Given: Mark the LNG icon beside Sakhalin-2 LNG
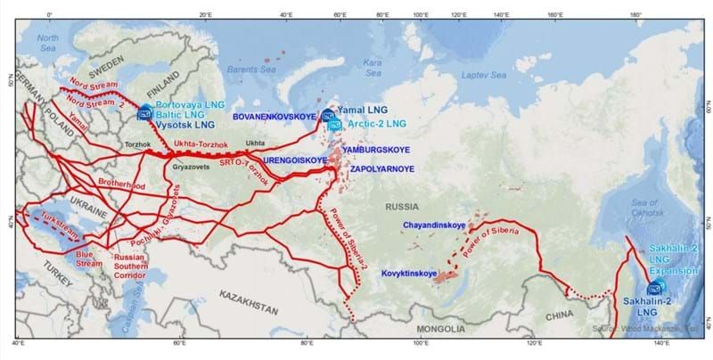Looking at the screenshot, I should [x=657, y=287].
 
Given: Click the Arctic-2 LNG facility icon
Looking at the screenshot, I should [x=334, y=125].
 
